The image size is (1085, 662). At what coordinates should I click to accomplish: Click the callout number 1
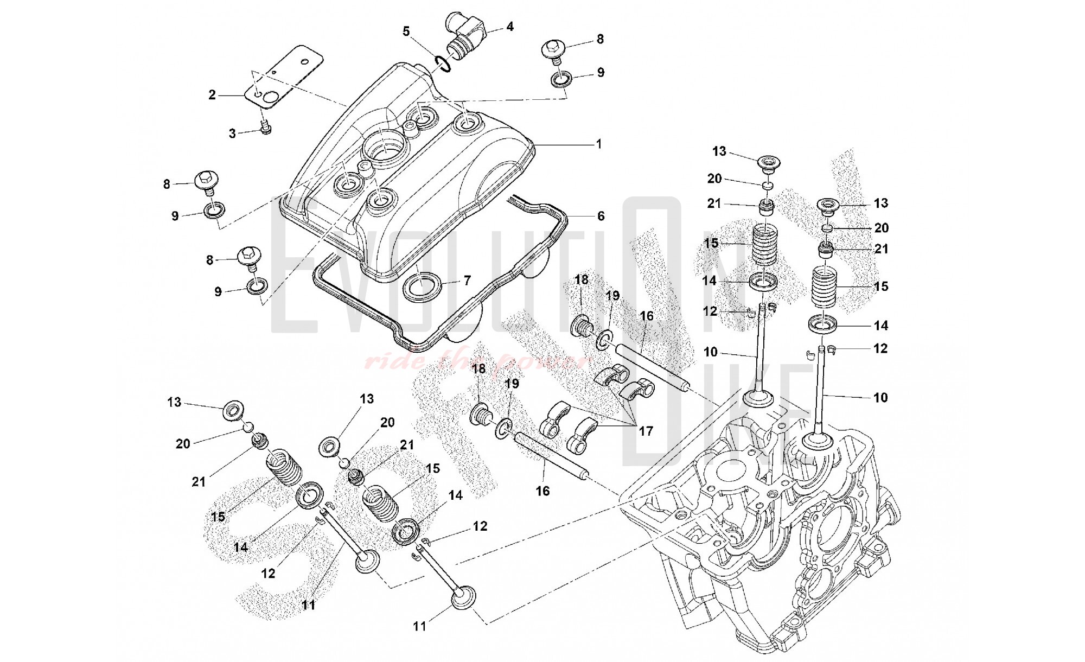(x=598, y=144)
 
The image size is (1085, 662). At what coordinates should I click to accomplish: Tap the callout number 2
(x=212, y=95)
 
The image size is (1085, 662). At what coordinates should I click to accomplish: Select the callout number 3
(x=232, y=133)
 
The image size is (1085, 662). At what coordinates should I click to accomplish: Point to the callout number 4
(x=509, y=26)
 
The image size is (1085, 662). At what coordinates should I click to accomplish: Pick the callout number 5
(x=406, y=31)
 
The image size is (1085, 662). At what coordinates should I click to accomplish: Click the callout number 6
(x=601, y=216)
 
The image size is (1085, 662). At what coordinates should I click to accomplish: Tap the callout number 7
(x=467, y=281)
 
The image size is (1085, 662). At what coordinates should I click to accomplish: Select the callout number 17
(x=646, y=431)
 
